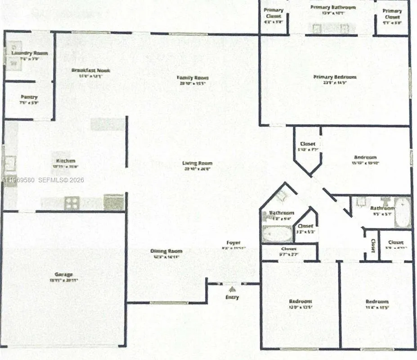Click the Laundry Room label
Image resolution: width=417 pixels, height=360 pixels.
(x=30, y=53)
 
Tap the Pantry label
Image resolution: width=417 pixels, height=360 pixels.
(x=29, y=97)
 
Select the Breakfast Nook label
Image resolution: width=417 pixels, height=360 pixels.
(x=90, y=71)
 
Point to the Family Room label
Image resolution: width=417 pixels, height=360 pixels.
(x=193, y=78)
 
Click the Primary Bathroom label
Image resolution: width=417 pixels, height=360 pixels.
(x=333, y=8)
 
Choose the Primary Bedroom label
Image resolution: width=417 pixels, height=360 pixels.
(x=335, y=77)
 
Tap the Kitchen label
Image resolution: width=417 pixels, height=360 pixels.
(x=65, y=161)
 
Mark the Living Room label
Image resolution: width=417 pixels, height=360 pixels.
(x=197, y=163)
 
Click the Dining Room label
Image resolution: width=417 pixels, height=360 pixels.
(x=166, y=251)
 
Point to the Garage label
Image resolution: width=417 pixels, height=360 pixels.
(x=63, y=274)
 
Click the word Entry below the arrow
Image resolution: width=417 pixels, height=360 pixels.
(x=233, y=297)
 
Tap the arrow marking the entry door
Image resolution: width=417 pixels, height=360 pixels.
(x=233, y=288)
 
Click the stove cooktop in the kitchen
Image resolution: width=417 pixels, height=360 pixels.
(x=72, y=203)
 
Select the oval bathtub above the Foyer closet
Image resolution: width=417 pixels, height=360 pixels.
(x=277, y=234)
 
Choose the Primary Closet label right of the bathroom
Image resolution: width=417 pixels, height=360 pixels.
(x=392, y=11)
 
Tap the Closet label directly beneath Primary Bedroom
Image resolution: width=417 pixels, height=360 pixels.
(x=308, y=144)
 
